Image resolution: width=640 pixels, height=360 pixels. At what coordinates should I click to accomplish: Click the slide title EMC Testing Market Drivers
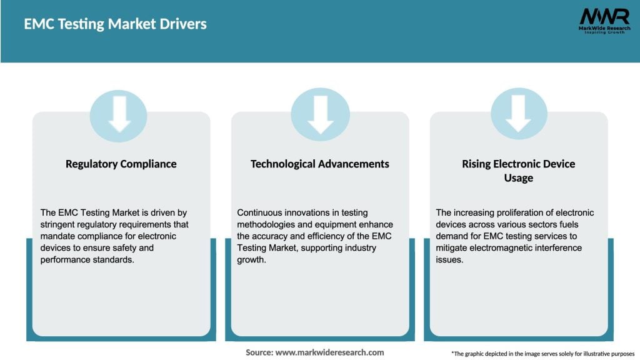click(x=115, y=24)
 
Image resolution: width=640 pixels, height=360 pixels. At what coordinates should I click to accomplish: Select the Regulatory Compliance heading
click(x=121, y=164)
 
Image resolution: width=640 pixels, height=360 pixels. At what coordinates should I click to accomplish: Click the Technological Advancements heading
click(x=319, y=164)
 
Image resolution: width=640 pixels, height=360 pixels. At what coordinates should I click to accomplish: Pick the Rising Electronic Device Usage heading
click(x=518, y=171)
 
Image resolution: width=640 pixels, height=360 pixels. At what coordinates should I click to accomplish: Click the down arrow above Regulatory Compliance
click(x=119, y=114)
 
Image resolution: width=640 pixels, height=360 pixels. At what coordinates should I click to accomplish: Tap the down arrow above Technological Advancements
click(x=320, y=114)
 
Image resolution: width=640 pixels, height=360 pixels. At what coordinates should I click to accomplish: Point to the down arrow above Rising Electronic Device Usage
click(x=519, y=114)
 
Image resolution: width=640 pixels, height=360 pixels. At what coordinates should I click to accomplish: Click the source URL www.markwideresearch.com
click(x=330, y=352)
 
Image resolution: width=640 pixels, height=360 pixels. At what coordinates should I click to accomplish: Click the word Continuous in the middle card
click(x=260, y=213)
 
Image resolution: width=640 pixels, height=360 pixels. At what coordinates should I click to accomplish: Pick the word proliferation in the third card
click(x=517, y=213)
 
